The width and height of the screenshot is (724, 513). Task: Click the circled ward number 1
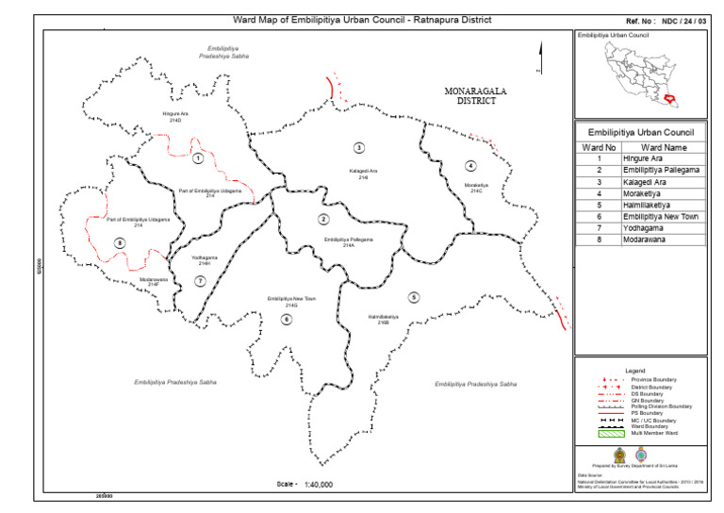coord(198,158)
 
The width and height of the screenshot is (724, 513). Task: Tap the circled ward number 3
coord(359,147)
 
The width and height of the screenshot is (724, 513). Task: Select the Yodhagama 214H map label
coord(205,260)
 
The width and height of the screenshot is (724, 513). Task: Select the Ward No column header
coord(599,147)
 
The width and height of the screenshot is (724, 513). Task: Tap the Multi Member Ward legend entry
coord(657,432)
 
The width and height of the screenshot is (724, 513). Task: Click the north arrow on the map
coord(539,57)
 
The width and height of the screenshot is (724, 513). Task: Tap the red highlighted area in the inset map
coord(670,97)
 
